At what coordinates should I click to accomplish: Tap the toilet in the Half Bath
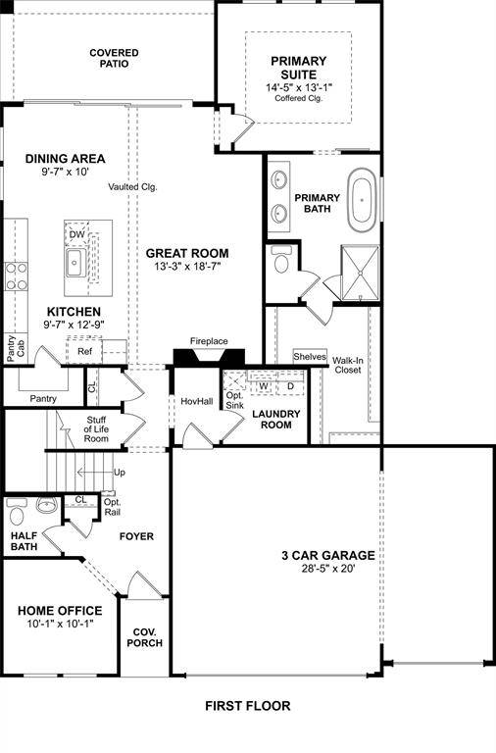[16, 512]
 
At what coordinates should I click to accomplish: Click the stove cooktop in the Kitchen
[15, 275]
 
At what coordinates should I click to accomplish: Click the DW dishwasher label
[75, 233]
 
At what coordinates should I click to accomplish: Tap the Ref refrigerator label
[84, 351]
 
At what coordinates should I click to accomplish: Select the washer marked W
[263, 386]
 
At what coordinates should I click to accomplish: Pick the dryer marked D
[290, 386]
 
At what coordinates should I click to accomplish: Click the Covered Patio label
[114, 58]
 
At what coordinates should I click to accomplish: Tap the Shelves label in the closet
[309, 357]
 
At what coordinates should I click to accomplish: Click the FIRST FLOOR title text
[247, 705]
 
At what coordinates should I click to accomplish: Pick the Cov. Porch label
[144, 636]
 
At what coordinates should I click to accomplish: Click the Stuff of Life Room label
[95, 428]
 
